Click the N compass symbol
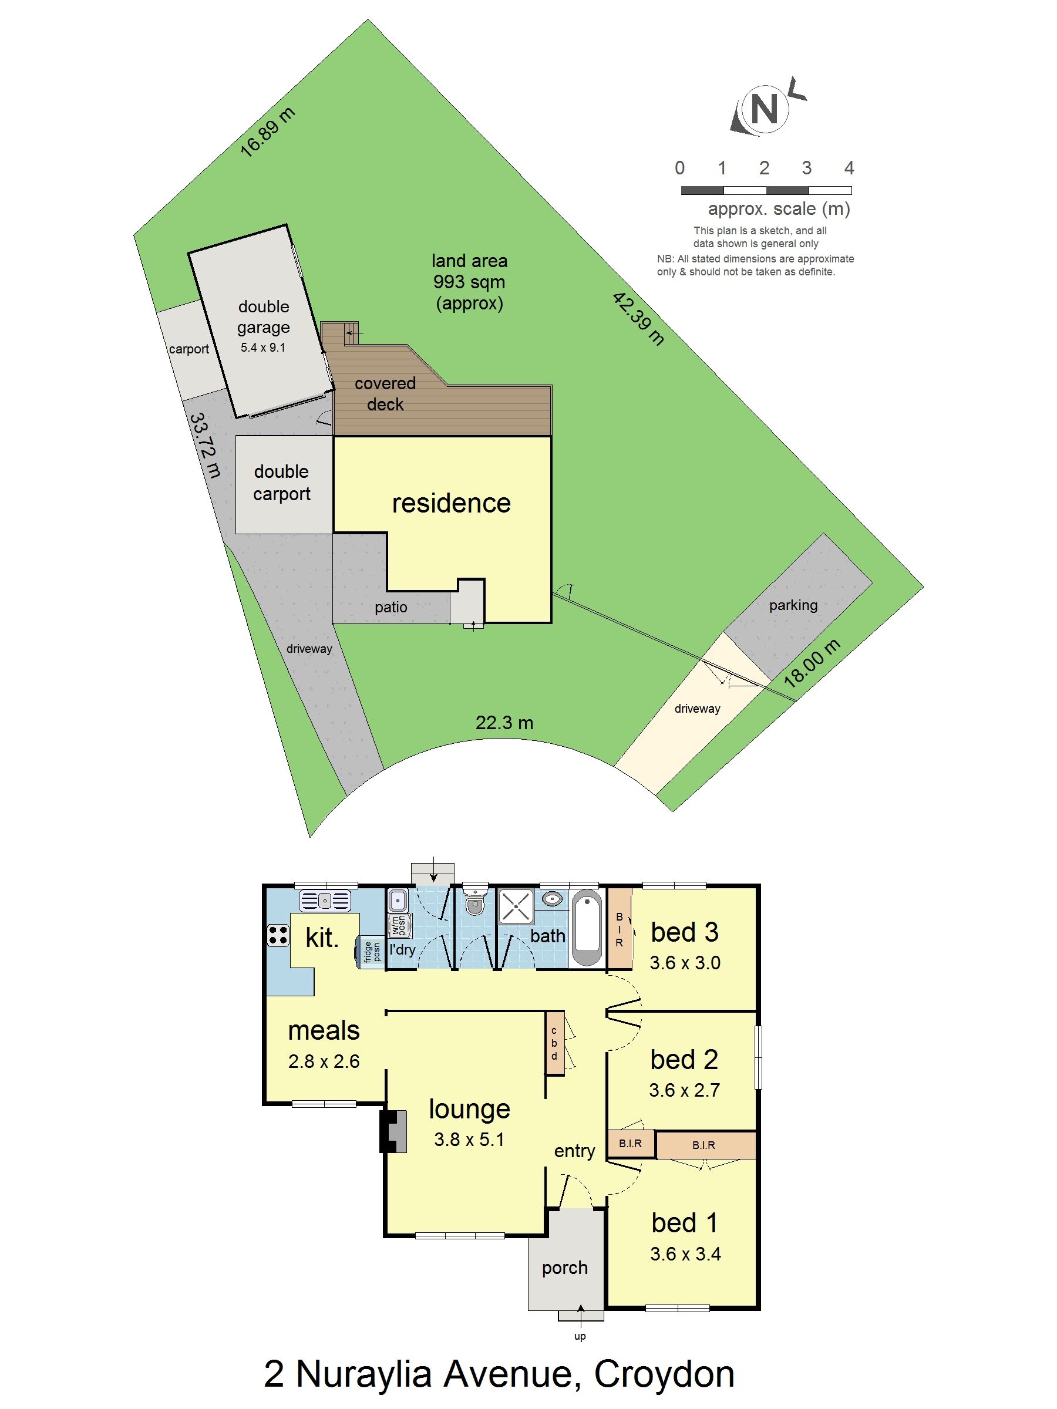765,109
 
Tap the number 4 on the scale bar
849,168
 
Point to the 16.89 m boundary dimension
268,132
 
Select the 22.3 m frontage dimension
504,723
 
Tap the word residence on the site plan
451,503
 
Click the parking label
793,605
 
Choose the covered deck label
385,394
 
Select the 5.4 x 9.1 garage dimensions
263,348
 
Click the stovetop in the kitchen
278,935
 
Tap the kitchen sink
325,901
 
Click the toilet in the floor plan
474,902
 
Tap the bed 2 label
684,1060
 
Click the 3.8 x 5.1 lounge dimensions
469,1140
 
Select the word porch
564,1268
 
